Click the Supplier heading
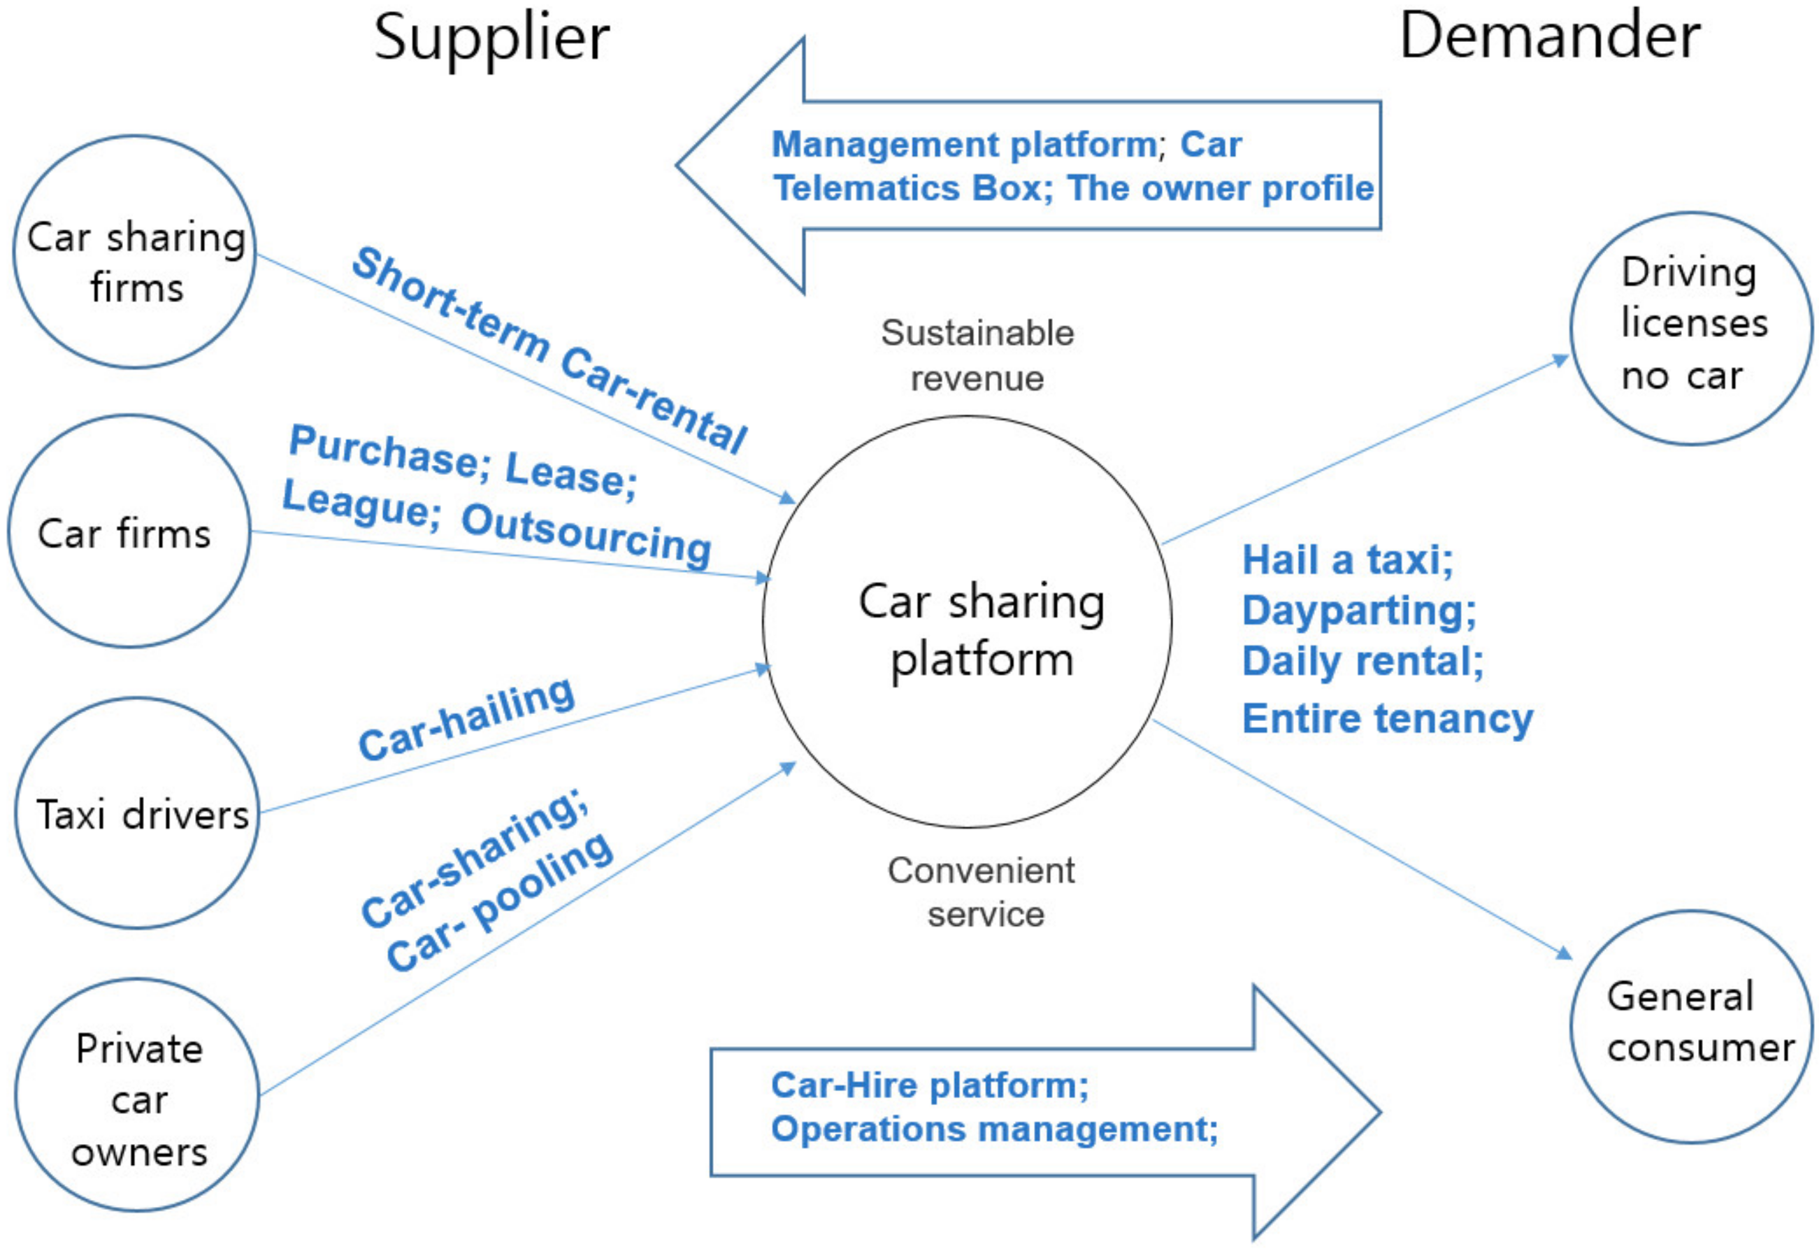[491, 38]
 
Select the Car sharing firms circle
[135, 252]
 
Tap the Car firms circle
[129, 532]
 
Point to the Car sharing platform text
[981, 630]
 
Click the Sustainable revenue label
[977, 355]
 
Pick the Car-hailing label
[466, 719]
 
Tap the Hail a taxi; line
[1348, 561]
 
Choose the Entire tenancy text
[1387, 719]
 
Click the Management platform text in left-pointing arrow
[964, 145]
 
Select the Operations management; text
[994, 1129]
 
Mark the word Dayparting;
[1359, 611]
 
